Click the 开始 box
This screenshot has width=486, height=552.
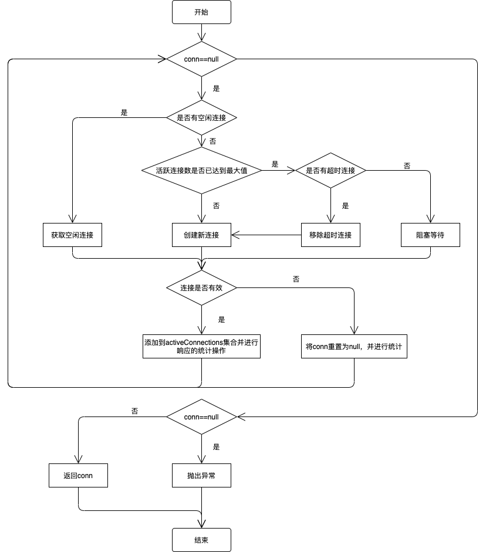(x=201, y=12)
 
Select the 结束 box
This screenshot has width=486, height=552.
(x=201, y=540)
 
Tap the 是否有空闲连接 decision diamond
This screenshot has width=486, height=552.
(x=201, y=117)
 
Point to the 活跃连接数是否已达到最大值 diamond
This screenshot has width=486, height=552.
(x=201, y=170)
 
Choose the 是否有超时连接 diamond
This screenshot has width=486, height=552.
(x=330, y=170)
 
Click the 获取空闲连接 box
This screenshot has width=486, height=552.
(x=72, y=235)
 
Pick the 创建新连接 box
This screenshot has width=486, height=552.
(x=201, y=235)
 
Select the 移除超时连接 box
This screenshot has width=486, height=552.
(x=330, y=235)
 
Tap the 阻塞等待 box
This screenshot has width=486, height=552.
(x=430, y=235)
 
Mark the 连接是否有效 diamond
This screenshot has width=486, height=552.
(x=201, y=287)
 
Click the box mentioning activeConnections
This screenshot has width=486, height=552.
(x=201, y=346)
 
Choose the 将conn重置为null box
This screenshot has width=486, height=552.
(x=354, y=346)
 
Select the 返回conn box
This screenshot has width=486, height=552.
(x=78, y=475)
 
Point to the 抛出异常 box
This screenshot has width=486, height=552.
(x=201, y=475)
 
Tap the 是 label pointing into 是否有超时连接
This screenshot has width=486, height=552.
(x=275, y=164)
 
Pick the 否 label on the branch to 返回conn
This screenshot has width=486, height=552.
(x=135, y=411)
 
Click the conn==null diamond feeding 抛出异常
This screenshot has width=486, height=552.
(x=201, y=416)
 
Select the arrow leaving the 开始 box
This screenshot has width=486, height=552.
(x=201, y=32)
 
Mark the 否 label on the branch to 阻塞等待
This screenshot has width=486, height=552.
(x=407, y=165)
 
